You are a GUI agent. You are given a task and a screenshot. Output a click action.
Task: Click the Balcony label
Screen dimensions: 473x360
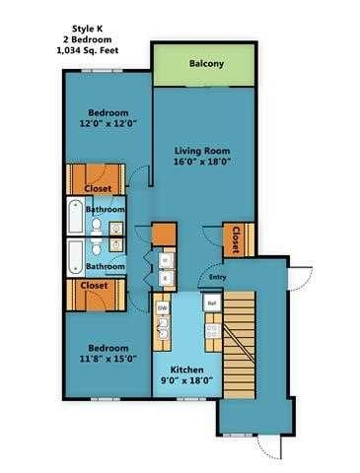click(206, 65)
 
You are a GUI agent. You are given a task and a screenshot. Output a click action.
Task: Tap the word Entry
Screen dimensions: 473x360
click(218, 277)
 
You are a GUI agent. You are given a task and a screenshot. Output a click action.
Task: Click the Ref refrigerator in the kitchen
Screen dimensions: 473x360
click(211, 304)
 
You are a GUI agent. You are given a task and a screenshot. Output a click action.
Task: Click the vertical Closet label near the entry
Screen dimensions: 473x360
click(236, 239)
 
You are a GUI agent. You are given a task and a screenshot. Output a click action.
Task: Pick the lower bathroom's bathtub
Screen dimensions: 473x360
click(75, 258)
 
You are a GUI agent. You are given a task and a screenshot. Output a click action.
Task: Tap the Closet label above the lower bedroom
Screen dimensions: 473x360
click(95, 286)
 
